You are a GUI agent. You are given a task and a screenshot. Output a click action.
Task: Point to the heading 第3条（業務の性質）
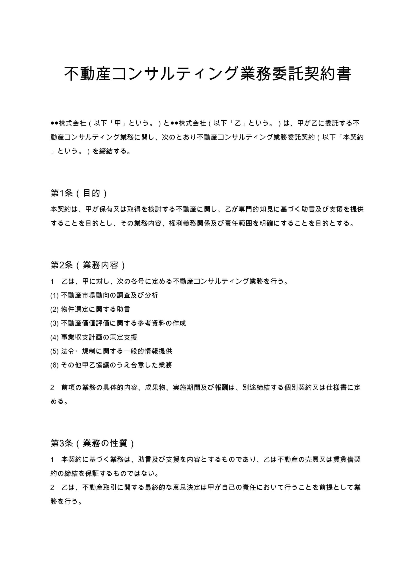coord(92,443)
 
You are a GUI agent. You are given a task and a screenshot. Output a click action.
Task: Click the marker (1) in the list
coord(55,296)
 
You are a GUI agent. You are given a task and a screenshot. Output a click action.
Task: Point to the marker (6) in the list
coord(55,365)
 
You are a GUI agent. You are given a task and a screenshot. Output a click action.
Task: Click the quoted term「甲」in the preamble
coord(118,123)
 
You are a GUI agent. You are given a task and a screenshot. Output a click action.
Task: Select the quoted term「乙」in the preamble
coord(238,123)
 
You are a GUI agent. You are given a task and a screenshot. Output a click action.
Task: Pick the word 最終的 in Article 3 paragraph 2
coord(155,487)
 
